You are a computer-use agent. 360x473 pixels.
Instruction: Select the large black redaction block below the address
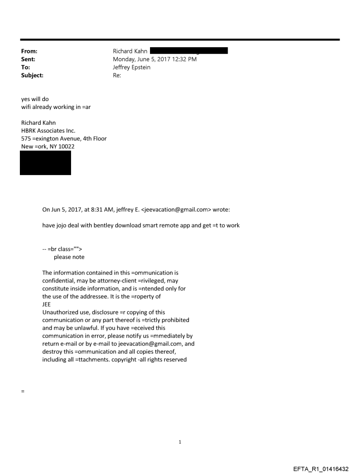coord(45,163)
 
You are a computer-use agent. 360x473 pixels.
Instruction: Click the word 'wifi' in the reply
coord(26,107)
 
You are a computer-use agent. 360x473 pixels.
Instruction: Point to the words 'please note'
coord(69,257)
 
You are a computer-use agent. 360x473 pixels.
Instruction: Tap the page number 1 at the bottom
coord(180,442)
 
